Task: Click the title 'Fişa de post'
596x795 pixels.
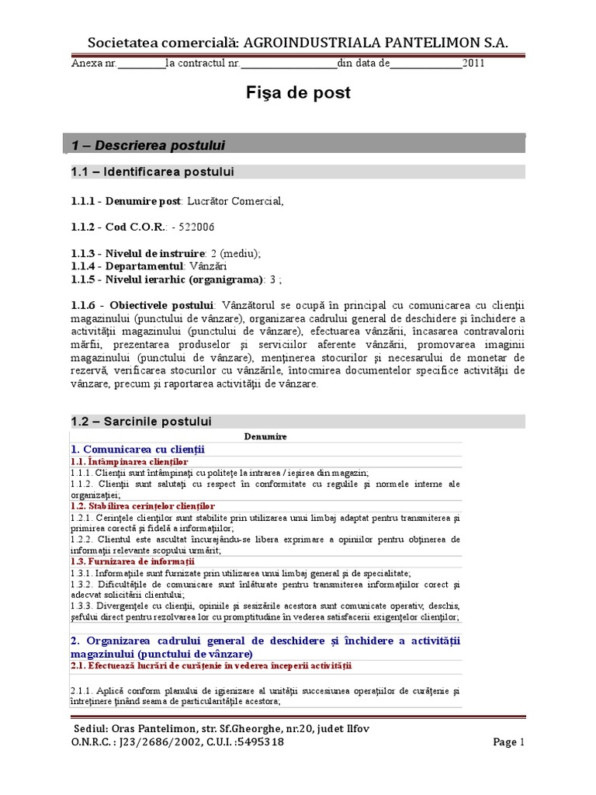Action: (298, 93)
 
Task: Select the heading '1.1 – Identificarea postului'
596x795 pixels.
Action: (152, 172)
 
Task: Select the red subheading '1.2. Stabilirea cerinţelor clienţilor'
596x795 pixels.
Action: (142, 506)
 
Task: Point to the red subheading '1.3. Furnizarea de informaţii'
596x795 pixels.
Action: (132, 561)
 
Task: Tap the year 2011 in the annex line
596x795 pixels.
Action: (473, 64)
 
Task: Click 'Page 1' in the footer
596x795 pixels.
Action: (510, 742)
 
